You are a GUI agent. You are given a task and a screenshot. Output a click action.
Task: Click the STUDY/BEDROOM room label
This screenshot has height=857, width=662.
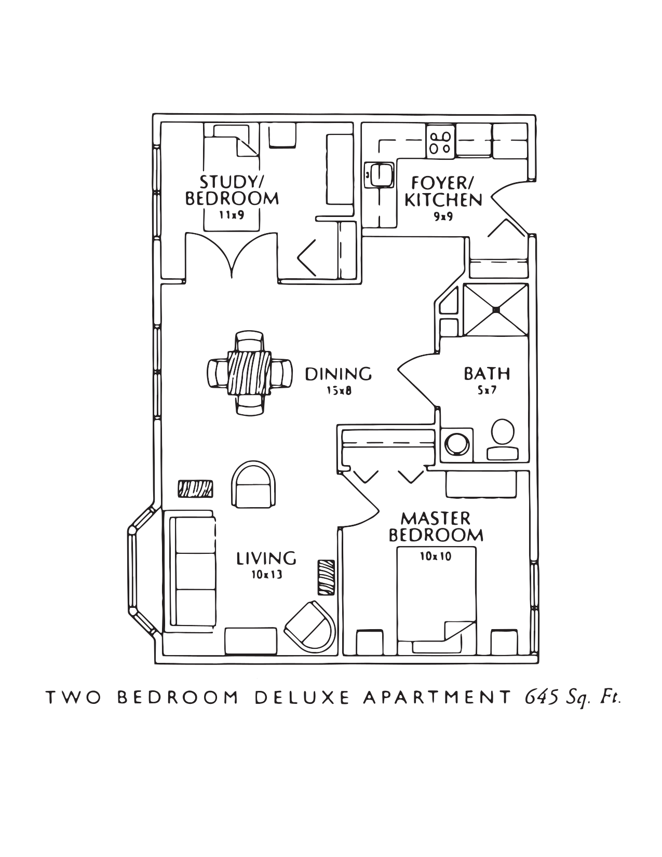(x=232, y=191)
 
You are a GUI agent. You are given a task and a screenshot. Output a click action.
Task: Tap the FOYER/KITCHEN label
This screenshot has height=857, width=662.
(x=443, y=192)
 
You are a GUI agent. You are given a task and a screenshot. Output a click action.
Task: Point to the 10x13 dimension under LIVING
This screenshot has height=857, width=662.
(x=267, y=575)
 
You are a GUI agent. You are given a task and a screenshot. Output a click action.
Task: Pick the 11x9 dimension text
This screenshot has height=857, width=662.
(x=232, y=216)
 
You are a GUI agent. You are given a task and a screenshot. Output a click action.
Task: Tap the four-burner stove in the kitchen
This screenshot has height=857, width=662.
(x=440, y=142)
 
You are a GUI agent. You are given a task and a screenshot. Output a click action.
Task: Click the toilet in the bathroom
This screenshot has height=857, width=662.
(x=503, y=439)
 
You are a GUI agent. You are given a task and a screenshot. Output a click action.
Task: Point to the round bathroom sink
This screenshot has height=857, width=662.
(x=457, y=445)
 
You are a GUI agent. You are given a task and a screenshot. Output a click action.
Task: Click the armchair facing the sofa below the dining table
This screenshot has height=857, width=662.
(x=253, y=484)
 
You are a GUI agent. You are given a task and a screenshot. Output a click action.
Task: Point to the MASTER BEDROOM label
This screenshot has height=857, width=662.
(x=436, y=527)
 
